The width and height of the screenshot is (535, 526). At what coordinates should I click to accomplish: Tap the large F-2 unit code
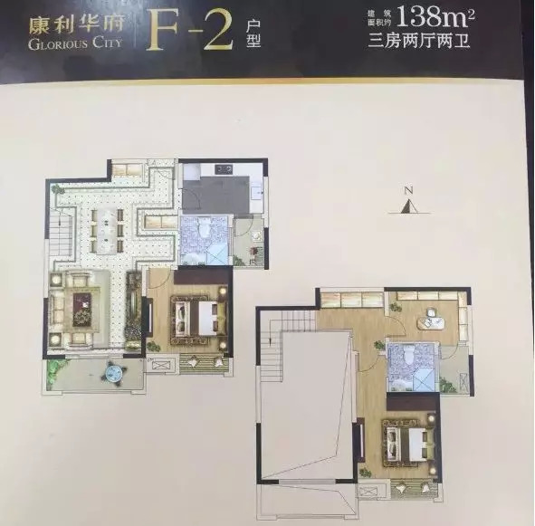[189, 30]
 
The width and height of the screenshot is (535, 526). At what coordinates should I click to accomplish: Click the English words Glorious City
[75, 43]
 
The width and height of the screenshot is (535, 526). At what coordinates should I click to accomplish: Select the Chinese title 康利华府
[76, 25]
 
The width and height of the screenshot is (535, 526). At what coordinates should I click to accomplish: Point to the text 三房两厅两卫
[419, 42]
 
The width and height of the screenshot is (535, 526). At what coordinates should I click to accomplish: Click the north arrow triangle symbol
[409, 206]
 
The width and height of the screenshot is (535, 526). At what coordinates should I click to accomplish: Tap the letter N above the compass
[407, 190]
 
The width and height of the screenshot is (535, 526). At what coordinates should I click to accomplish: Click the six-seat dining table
[107, 231]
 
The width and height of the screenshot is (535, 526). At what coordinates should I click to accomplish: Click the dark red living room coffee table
[82, 310]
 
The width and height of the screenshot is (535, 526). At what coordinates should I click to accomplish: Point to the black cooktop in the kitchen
[224, 169]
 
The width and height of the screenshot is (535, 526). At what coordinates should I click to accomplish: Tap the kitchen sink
[256, 193]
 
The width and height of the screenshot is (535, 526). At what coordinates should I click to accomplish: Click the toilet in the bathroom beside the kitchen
[205, 227]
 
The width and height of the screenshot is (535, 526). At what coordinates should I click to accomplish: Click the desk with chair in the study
[429, 320]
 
